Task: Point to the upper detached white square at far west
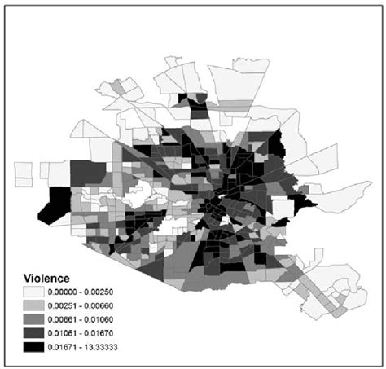click(24, 172)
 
